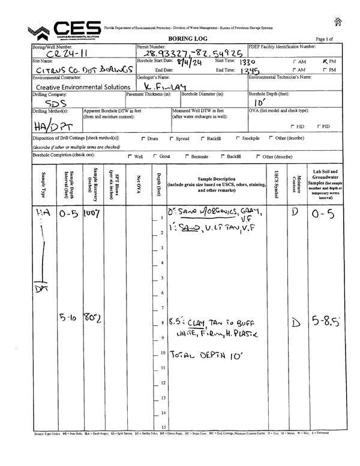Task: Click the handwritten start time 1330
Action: [248, 62]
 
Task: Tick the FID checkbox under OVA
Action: [292, 127]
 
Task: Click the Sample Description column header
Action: [216, 184]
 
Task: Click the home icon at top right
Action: [338, 22]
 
